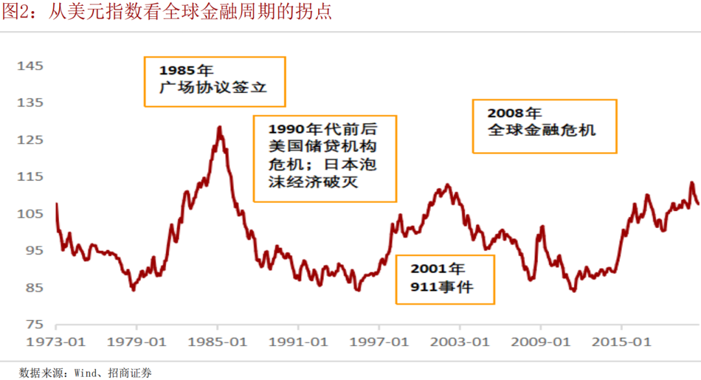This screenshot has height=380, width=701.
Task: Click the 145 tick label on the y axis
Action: click(x=30, y=66)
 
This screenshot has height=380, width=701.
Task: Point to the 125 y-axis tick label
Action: click(x=30, y=140)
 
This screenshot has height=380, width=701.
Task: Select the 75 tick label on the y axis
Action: click(x=34, y=324)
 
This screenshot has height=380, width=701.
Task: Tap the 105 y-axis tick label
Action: click(x=30, y=214)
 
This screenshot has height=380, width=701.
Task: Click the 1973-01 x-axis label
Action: click(x=55, y=341)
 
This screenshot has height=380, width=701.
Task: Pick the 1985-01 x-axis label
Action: click(x=217, y=341)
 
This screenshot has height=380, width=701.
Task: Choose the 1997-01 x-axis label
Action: click(x=379, y=341)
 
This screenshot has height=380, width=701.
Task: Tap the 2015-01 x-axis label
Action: click(x=621, y=341)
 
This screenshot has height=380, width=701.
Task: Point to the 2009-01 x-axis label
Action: click(x=541, y=341)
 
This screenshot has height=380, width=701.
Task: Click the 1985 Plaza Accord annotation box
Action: click(x=214, y=81)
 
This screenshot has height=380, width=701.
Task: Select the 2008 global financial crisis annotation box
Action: click(x=544, y=126)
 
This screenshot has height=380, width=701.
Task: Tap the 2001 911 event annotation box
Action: click(x=445, y=279)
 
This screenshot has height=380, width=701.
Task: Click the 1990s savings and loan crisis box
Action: click(x=325, y=159)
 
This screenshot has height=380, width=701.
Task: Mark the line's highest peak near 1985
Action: click(x=219, y=127)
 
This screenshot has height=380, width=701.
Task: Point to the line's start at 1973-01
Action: click(x=56, y=204)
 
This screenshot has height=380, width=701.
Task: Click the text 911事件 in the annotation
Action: click(x=442, y=286)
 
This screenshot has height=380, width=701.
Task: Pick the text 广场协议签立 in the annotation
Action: click(x=213, y=88)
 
